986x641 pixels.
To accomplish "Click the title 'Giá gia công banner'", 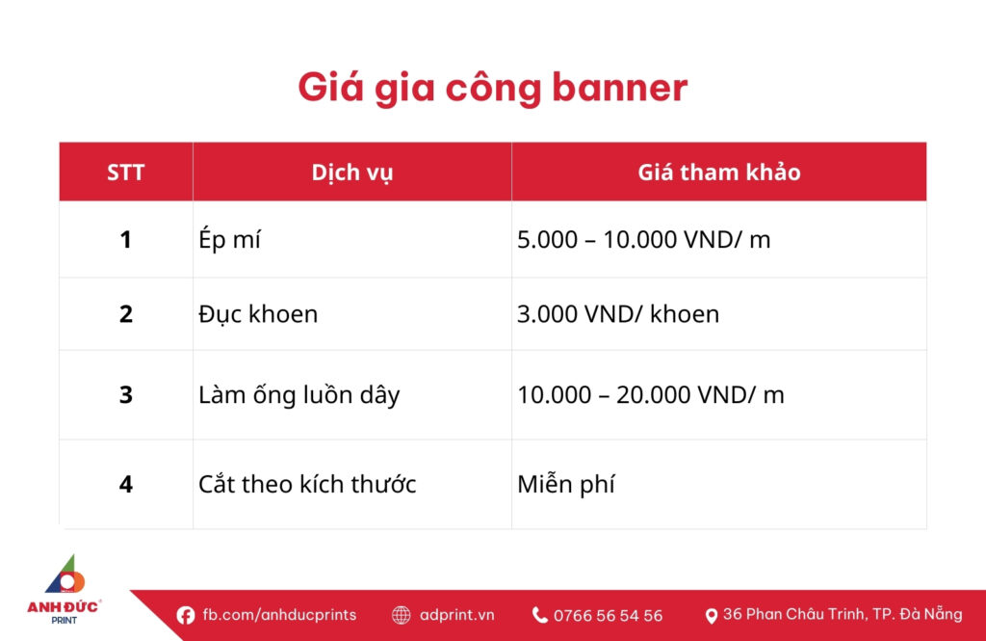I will pos(492,88).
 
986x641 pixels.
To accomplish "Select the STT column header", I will pos(126,173).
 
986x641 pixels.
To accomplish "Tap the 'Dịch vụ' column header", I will pos(351,173).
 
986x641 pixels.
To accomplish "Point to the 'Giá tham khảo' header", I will pos(718,173).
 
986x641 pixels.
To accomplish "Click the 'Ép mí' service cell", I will pos(229,240).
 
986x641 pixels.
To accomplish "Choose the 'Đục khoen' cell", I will pos(258,314).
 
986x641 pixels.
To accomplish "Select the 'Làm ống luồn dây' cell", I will pos(298,395).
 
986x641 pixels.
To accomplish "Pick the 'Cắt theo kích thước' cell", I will pos(307,484).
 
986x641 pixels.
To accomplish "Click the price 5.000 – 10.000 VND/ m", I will pos(643,240).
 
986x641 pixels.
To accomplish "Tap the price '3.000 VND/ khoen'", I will pos(617,314).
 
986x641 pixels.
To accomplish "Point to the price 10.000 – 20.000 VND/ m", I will pos(650,395).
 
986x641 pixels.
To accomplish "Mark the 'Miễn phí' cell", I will pos(565,484).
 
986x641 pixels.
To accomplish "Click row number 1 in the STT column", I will pos(126,240).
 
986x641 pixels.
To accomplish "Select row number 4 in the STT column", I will pos(126,484).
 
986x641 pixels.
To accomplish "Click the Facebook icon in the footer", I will pos(186,615).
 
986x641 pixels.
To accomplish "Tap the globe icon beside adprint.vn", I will pos(402,615).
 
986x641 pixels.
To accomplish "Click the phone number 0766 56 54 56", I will pos(608,615).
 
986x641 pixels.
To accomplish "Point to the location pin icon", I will pos(712,615).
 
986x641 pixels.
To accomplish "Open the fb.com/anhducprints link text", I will pos(279,615).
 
